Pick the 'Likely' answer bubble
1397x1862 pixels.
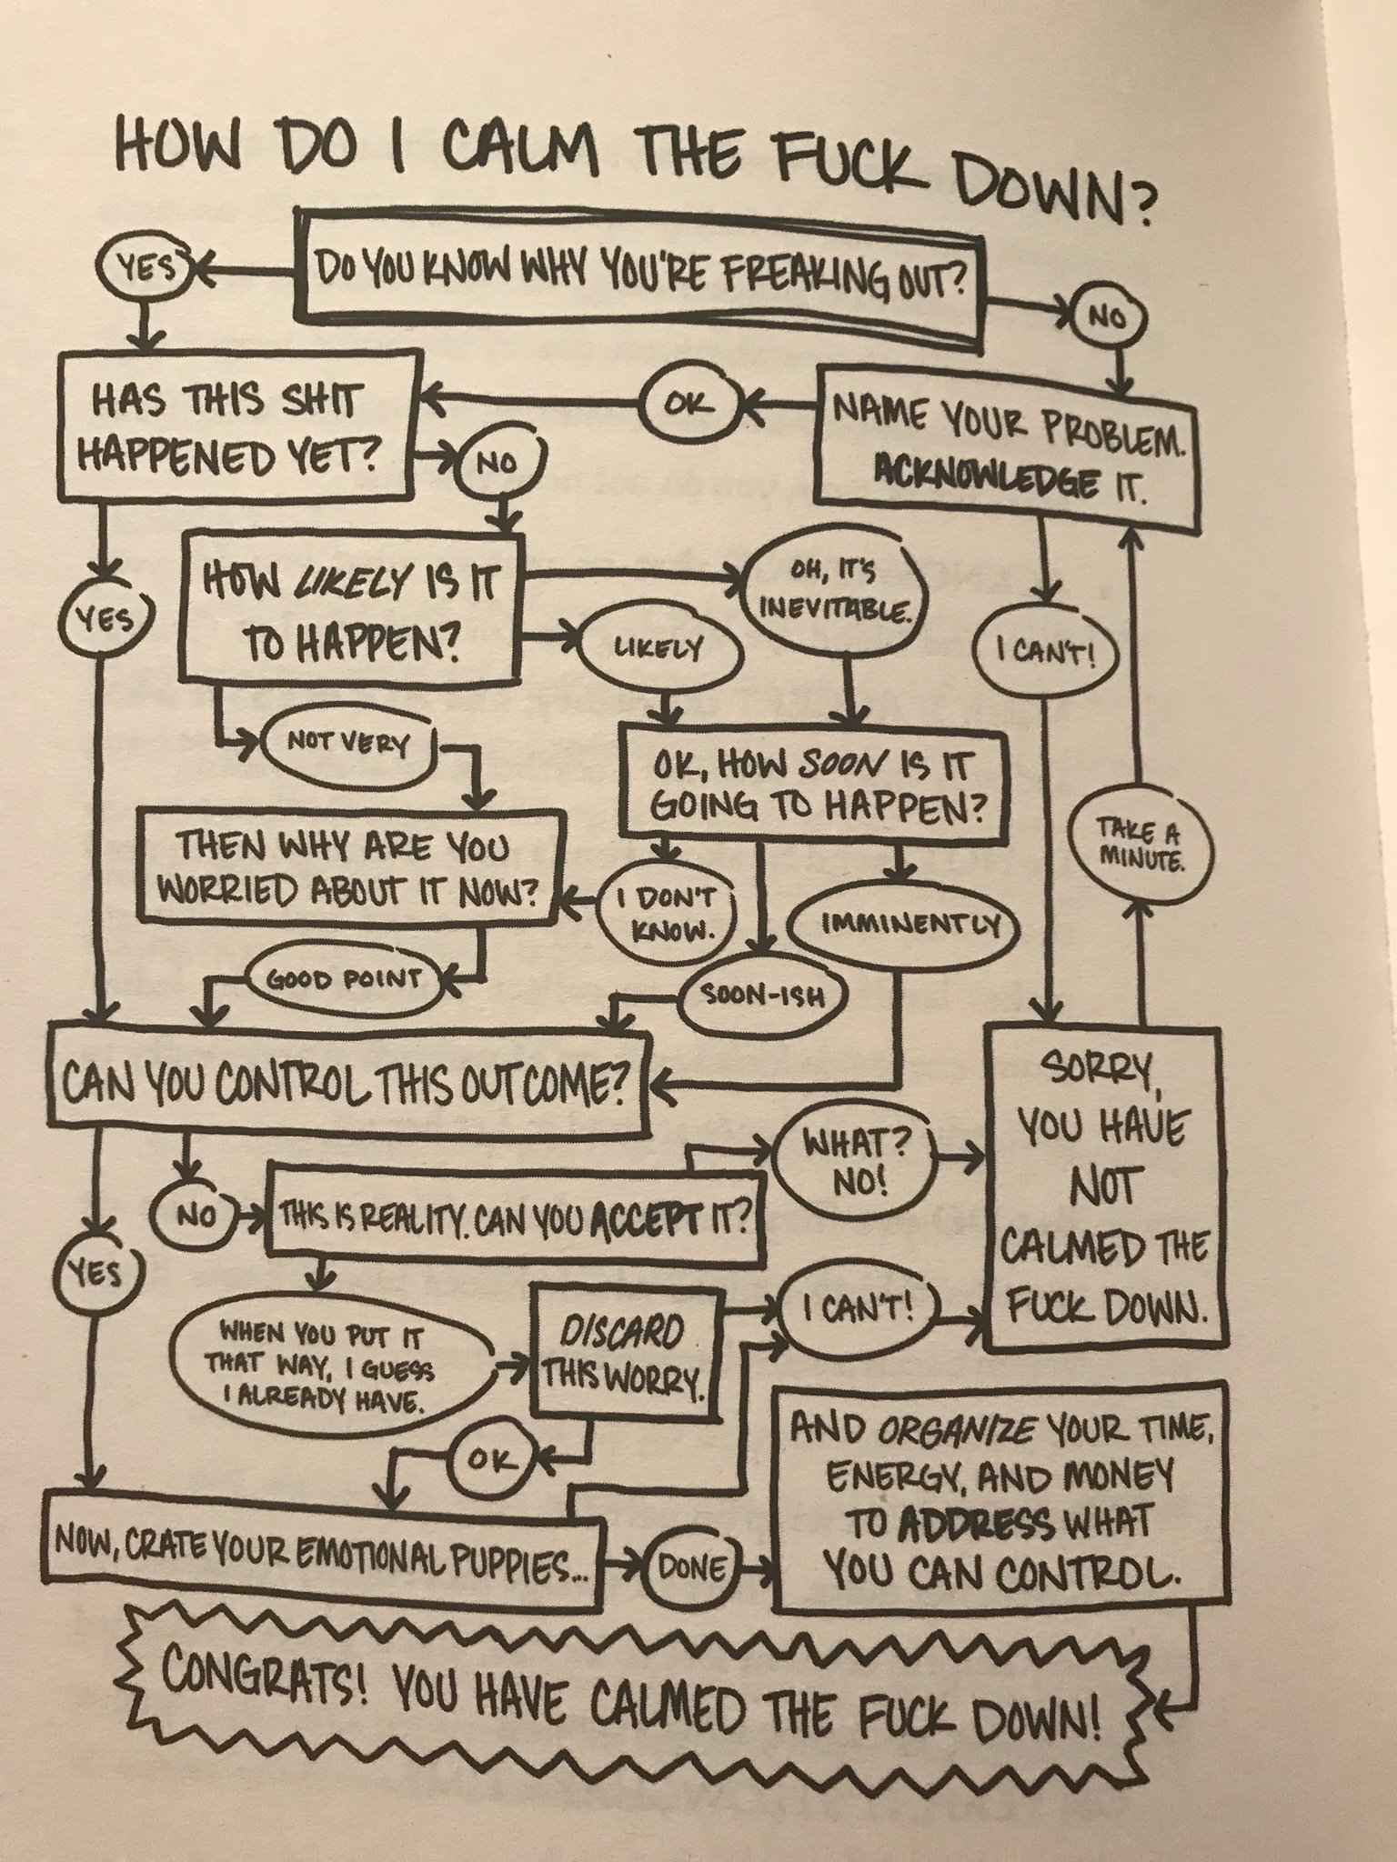click(659, 648)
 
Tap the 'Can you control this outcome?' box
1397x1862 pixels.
click(350, 1082)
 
